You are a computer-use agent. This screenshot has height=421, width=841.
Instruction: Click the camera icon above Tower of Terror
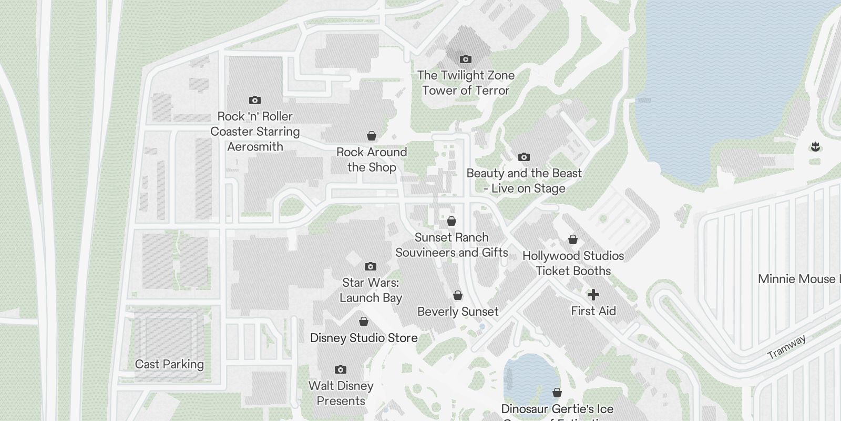coord(465,59)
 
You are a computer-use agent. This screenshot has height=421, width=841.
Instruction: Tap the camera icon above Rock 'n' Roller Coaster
coord(255,100)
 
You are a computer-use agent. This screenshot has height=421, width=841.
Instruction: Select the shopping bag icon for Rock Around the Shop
coord(372,136)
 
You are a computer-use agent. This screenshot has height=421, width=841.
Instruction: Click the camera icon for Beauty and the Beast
coord(524,157)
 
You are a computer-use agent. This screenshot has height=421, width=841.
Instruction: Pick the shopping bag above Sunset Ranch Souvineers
coord(452,221)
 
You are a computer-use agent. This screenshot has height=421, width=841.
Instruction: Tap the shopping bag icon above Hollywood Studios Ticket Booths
coord(573,239)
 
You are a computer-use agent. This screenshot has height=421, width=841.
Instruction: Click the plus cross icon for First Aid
coord(593,295)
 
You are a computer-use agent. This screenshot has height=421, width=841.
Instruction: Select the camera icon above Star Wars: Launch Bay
coord(371,266)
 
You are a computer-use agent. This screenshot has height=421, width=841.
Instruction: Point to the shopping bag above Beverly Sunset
coord(458,295)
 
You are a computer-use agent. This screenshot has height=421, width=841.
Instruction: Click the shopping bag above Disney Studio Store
coord(364,322)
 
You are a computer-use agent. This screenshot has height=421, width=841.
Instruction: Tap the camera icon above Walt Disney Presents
coord(341,369)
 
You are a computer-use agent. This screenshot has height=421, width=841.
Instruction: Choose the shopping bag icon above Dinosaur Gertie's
coord(557,393)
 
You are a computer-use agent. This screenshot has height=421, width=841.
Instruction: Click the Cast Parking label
coord(169,364)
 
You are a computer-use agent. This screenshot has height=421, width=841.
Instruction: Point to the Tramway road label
coord(786,347)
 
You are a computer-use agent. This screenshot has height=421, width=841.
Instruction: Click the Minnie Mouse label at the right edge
coord(797,279)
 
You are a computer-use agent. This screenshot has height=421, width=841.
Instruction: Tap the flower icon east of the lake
coord(815,147)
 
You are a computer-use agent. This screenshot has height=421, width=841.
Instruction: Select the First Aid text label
coord(593,311)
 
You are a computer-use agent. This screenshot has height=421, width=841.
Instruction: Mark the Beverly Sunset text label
coord(458,312)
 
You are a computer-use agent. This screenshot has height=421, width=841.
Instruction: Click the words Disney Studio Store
coord(364,338)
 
